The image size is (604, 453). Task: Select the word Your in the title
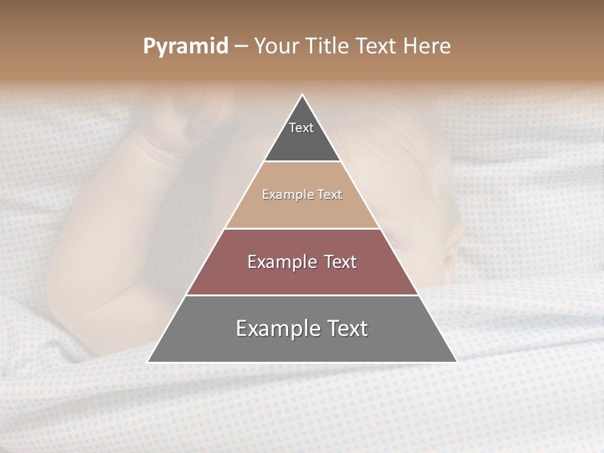click(277, 47)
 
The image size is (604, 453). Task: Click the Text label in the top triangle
click(301, 128)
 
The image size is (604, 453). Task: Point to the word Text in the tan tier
click(330, 195)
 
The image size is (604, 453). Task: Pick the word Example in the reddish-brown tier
click(281, 262)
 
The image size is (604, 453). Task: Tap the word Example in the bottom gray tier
click(276, 328)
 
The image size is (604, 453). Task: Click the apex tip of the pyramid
click(302, 96)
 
